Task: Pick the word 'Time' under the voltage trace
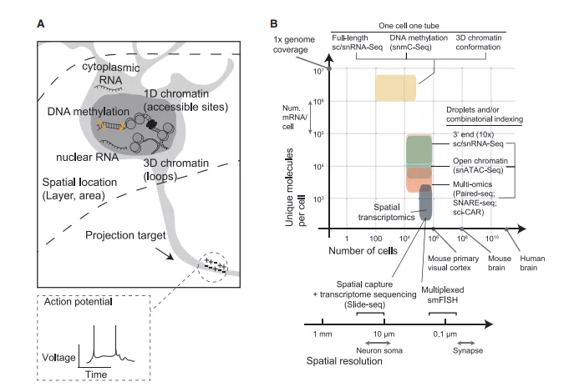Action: [x=94, y=376]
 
